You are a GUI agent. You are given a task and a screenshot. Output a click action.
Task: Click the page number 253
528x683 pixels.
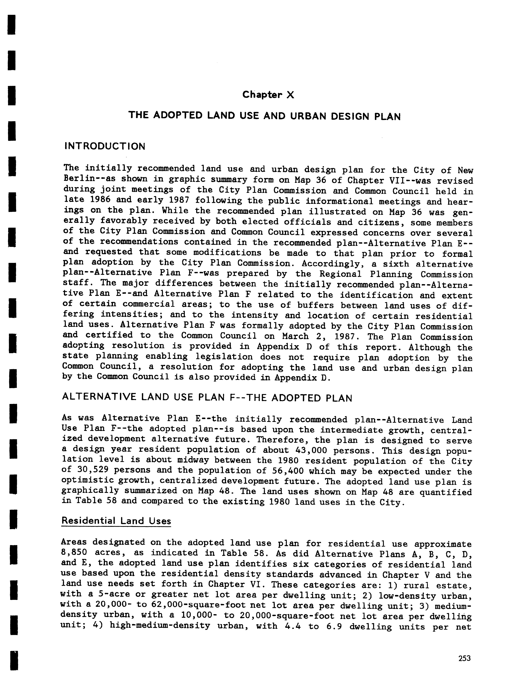click(x=464, y=658)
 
